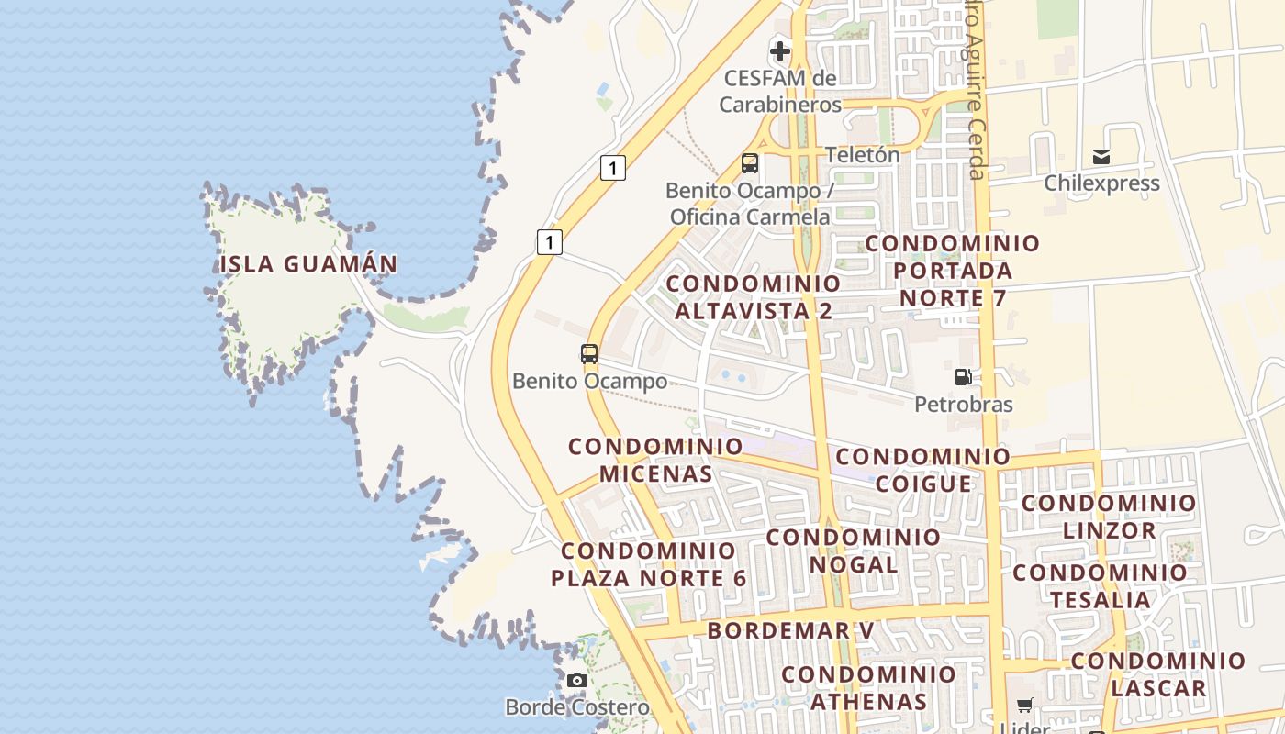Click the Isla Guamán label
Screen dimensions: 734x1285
[x=308, y=264]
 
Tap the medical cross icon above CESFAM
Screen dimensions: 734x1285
[x=780, y=50]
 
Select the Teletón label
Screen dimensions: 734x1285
[x=863, y=155]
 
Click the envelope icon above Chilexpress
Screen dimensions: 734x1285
[x=1101, y=157]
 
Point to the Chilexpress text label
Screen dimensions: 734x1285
[x=1101, y=183]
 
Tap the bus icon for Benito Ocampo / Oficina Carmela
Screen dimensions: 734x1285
[x=750, y=164]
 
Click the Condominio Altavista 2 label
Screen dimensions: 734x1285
[x=754, y=297]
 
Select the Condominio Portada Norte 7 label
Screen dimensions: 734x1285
[x=953, y=271]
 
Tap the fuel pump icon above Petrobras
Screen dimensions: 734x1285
[x=963, y=377]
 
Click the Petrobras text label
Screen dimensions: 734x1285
[x=964, y=405]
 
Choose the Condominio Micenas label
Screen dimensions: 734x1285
[x=655, y=460]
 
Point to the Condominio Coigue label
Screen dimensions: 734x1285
[x=923, y=470]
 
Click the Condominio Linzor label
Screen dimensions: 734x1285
[x=1110, y=517]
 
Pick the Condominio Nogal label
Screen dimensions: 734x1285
[x=854, y=550]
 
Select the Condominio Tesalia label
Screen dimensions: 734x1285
[x=1101, y=586]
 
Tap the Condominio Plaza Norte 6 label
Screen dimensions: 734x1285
[x=649, y=565]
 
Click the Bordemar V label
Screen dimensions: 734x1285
[x=790, y=631]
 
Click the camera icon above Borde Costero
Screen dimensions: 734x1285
[x=577, y=681]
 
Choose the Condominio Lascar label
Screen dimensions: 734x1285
[x=1158, y=674]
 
